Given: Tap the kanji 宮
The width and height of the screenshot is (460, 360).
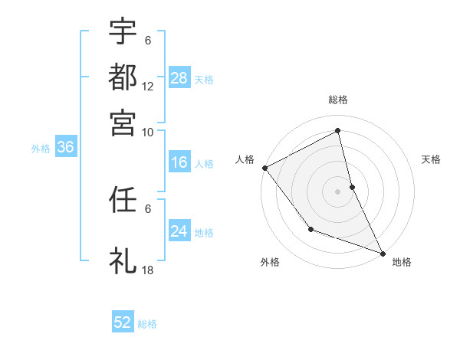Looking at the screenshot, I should coord(123,122).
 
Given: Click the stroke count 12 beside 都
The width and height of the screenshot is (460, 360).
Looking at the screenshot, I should coord(147,87).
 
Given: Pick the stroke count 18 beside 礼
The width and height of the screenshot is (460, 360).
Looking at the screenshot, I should coord(147,270).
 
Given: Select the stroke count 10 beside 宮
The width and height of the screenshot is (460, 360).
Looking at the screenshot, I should coord(147,132).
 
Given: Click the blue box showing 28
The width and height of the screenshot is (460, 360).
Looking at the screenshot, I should coord(179,77).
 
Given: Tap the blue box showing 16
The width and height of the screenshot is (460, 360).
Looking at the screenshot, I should coord(179,162).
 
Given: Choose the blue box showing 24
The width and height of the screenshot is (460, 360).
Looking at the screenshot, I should coord(179,231).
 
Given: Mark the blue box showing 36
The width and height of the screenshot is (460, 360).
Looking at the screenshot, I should coord(65,148).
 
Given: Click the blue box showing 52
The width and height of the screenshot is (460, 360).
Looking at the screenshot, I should coord(123,322).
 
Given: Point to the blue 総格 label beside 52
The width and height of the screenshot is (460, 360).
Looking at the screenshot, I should coord(147,324).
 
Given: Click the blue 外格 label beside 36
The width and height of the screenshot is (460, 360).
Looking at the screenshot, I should coord(40,149).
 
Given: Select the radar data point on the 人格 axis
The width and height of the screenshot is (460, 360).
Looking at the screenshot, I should coord(264,168).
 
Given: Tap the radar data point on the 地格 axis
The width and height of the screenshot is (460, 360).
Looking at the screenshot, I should coord(382,253).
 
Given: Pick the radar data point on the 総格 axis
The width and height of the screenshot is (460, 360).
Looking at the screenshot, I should coord(338,132).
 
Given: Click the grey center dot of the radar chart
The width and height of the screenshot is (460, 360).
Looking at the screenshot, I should coord(338,191).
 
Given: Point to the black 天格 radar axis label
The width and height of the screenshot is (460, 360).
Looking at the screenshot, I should coord(431,159).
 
